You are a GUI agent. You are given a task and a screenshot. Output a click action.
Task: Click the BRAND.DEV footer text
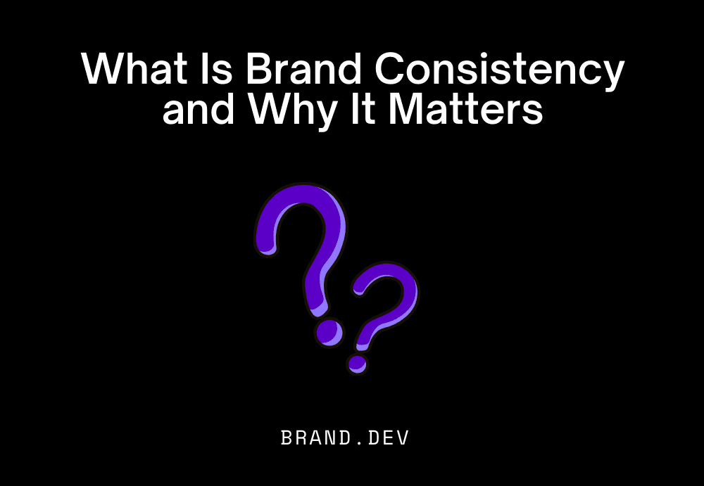[345, 437]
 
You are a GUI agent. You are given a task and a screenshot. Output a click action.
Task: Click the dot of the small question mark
[358, 364]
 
